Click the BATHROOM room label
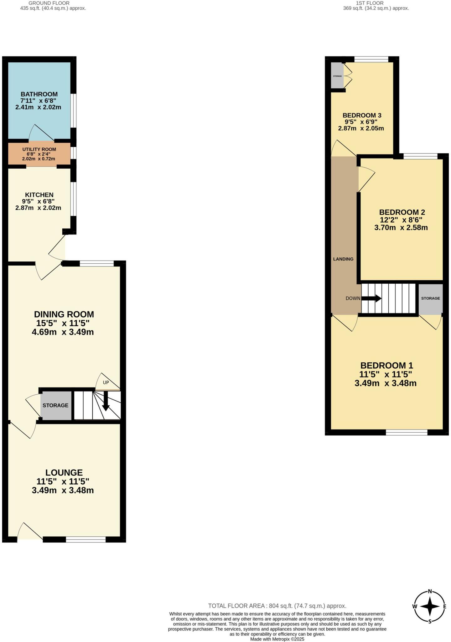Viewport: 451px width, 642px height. coord(39,94)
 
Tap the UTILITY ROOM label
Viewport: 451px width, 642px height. coord(39,149)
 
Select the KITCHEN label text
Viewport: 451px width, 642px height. coord(39,195)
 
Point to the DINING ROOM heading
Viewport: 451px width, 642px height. coord(64,314)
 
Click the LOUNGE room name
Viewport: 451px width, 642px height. coord(64,472)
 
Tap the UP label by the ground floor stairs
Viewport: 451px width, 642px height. coord(106,382)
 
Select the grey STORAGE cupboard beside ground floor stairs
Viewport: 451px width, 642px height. coord(56,405)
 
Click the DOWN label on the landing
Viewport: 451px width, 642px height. coord(353,298)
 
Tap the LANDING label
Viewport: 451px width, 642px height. coord(343,259)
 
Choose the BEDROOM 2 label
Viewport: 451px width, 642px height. coord(402,212)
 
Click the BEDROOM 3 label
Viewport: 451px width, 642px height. coord(362,115)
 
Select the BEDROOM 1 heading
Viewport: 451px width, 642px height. coord(386,365)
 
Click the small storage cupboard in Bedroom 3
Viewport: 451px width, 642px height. coord(337,76)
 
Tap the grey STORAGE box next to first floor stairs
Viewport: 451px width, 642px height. coord(430,298)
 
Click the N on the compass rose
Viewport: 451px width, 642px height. coord(430,592)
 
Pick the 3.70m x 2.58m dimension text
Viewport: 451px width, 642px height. coord(401,228)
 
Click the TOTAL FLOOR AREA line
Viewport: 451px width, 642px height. coord(277,606)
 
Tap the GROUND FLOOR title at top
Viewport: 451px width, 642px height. coord(49,3)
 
